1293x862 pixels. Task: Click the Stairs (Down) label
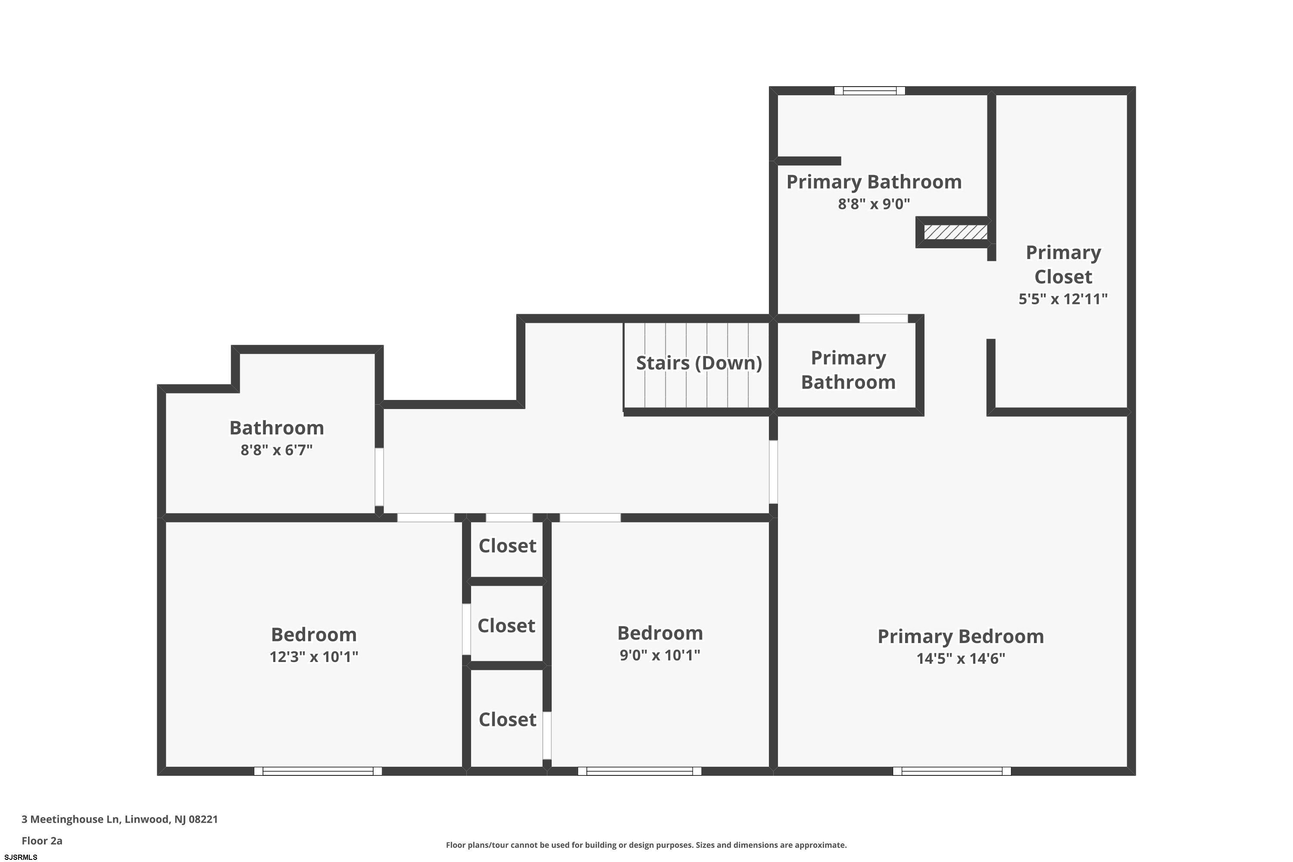[699, 363]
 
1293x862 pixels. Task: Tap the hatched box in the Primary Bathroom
[956, 232]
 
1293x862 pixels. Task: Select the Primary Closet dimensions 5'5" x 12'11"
[1063, 299]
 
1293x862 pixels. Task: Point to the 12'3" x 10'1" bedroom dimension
[313, 657]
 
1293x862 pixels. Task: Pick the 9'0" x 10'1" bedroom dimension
[660, 655]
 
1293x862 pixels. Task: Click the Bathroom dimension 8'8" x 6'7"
[277, 450]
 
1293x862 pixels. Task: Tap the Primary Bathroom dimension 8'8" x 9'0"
[874, 204]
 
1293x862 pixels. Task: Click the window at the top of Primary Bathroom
[870, 91]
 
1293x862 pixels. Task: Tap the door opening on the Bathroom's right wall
[379, 477]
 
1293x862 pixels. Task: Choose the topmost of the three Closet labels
[507, 546]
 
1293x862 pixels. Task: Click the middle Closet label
[506, 626]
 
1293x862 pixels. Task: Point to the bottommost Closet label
[507, 720]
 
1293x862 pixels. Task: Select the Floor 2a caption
[42, 840]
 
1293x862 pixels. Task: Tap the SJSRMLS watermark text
[21, 857]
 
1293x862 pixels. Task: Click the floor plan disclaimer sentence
[646, 845]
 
